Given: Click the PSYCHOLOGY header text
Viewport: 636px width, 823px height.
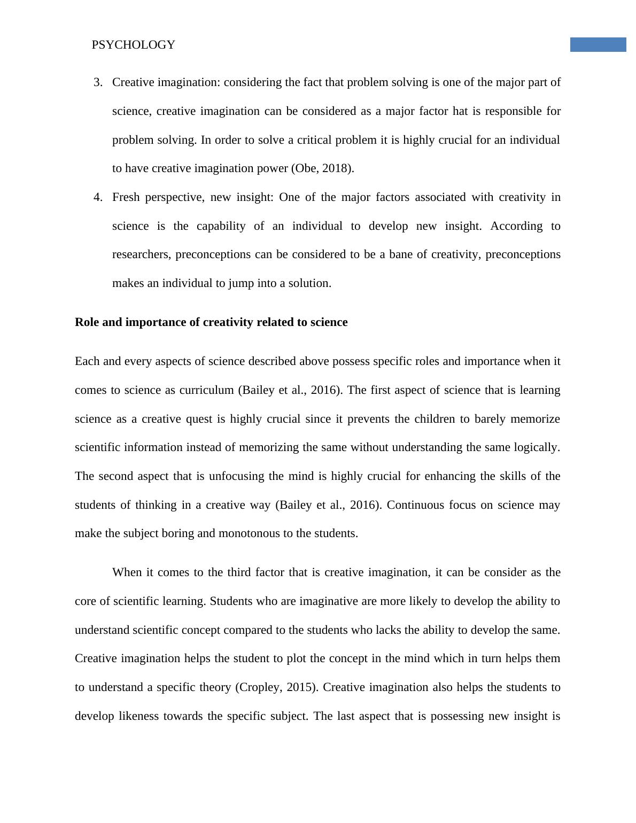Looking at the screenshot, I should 133,45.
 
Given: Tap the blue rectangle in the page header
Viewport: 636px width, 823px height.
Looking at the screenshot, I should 598,44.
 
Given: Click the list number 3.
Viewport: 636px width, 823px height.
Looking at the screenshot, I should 97,82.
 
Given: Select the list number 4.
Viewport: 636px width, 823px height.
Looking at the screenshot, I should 97,197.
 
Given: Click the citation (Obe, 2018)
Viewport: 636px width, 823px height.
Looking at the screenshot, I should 322,168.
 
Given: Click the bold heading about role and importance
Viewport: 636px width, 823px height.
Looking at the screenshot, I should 211,322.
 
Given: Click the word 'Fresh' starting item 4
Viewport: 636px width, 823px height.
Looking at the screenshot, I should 126,197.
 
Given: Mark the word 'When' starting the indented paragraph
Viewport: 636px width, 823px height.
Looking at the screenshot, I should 127,572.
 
